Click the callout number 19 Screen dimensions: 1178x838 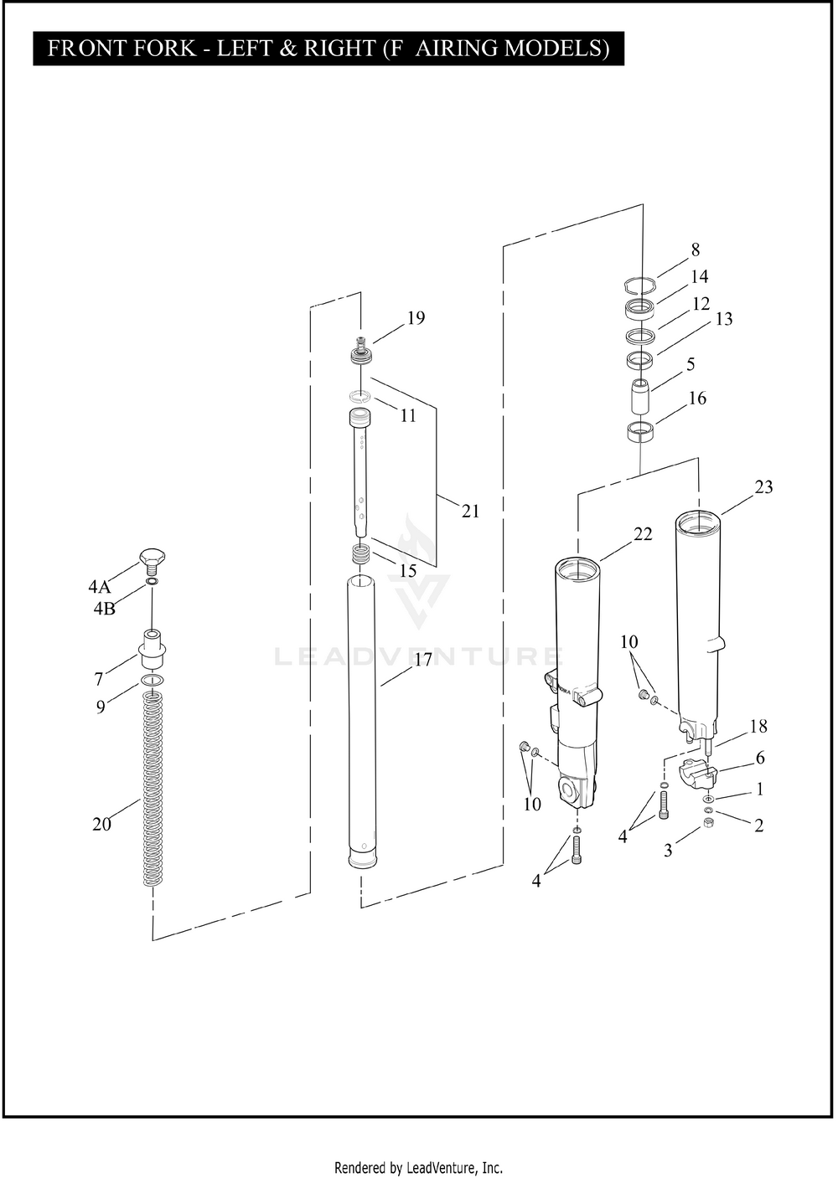416,318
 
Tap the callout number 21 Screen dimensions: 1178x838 470,512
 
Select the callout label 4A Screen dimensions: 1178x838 100,587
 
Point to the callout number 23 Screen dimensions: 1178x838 763,487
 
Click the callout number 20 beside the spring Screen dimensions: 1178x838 101,825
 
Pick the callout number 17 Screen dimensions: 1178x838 423,660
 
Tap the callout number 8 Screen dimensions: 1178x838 695,249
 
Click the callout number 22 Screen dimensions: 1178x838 643,534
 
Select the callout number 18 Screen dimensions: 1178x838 758,727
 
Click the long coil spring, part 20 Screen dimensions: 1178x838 152,787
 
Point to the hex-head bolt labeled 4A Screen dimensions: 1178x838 152,558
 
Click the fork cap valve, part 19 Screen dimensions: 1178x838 361,349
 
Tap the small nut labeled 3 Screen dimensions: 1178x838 707,824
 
